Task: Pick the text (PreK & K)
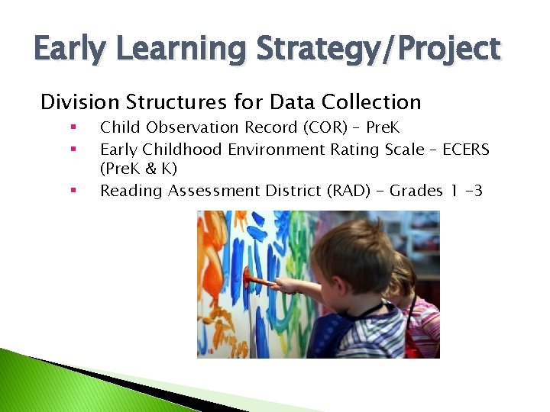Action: [x=138, y=169]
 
